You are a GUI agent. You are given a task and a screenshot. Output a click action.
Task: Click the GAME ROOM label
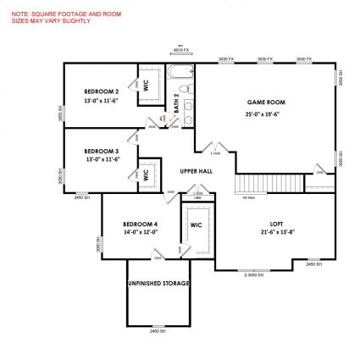265,102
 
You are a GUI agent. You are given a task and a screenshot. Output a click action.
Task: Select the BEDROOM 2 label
101,91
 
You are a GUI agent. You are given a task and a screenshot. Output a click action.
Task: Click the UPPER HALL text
196,171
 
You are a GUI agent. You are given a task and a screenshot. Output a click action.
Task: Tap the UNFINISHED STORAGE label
158,283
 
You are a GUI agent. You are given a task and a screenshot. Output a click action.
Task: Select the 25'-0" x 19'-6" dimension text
265,113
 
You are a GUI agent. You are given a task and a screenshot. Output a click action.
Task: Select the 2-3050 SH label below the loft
253,275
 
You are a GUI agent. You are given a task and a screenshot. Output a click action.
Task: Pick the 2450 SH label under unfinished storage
158,331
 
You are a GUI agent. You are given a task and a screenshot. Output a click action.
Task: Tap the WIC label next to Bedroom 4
196,225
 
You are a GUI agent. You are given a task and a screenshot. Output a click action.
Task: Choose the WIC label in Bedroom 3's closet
146,173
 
